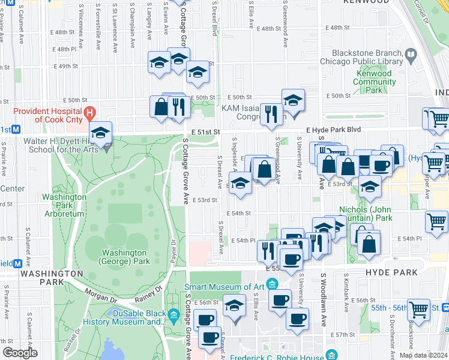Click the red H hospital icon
pos(89,112)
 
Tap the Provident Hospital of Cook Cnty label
pos(48,115)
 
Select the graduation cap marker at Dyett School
pos(100,134)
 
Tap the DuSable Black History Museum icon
pos(174,314)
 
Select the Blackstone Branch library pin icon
pos(411,56)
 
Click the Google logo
pos(20,353)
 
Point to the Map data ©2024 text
pos(423,355)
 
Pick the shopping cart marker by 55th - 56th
pos(418,309)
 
